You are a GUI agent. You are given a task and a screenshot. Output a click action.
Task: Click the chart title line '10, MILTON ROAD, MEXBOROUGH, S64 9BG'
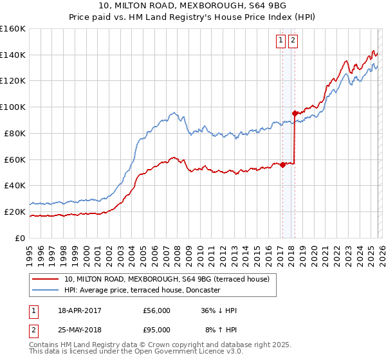pos(193,7)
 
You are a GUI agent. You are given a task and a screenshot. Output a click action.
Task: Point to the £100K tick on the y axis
pos(13,107)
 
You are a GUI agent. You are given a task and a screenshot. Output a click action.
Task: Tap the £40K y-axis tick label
pos(15,185)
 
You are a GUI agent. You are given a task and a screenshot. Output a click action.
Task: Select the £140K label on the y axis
pos(13,55)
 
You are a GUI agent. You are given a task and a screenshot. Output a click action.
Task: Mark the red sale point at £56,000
pos(282,165)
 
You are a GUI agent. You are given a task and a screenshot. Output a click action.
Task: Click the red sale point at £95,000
pos(295,113)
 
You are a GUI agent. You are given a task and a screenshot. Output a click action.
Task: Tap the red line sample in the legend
pos(46,279)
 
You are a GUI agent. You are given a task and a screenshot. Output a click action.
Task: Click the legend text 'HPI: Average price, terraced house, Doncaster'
pos(142,290)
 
